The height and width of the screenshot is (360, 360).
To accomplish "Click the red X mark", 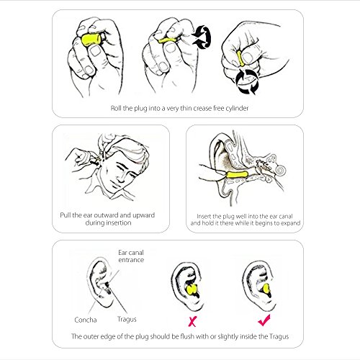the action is pos(192,321).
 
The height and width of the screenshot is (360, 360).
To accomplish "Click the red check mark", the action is pos(264,320).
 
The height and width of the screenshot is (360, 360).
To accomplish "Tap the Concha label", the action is pos(86,320).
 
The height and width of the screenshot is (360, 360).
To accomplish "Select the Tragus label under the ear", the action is pos(127,320).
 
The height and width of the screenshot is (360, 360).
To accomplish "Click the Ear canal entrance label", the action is pos(131,256).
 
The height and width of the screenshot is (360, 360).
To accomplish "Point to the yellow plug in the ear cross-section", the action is pos(237,175).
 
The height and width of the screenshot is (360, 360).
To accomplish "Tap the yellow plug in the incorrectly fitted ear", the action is pos(192,290).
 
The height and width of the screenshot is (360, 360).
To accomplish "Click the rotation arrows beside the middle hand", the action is pos(202,37).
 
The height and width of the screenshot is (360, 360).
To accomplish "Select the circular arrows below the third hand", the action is pos(247,81).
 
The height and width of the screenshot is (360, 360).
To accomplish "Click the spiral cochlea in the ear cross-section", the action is pos(280,170).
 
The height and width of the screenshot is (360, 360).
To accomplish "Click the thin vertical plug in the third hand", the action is pos(240,58).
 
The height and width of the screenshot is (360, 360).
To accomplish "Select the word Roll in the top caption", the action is pos(116,108).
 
